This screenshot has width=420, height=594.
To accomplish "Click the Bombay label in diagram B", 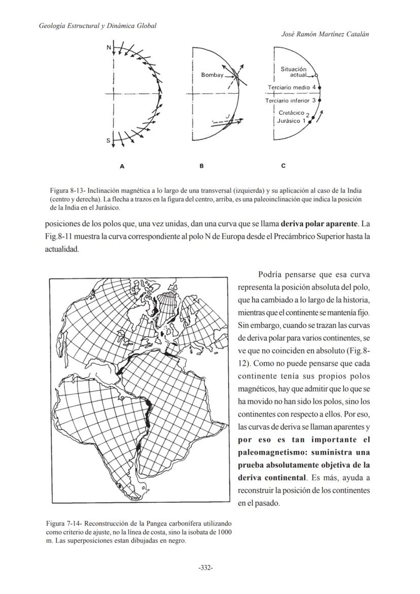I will pyautogui.click(x=212, y=75).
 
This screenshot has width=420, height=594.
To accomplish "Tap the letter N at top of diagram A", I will pyautogui.click(x=109, y=48).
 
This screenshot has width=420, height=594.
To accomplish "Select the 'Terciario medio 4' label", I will pyautogui.click(x=291, y=88).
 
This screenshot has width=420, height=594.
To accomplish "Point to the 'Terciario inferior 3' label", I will pyautogui.click(x=291, y=100).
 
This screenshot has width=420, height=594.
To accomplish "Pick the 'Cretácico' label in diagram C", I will pyautogui.click(x=292, y=113).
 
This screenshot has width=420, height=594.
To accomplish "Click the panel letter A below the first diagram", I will pyautogui.click(x=122, y=166).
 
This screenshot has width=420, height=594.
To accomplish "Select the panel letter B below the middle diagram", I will pyautogui.click(x=202, y=166).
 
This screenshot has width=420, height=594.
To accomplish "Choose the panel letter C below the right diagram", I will pyautogui.click(x=283, y=166).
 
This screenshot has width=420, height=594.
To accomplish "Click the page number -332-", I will pyautogui.click(x=205, y=568).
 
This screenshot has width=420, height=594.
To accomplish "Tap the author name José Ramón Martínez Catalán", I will pyautogui.click(x=325, y=34).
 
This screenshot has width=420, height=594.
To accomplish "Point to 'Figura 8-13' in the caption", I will pyautogui.click(x=66, y=191).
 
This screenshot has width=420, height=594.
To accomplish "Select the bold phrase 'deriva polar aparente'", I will pyautogui.click(x=318, y=224).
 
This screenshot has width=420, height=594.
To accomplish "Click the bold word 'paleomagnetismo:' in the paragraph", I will pyautogui.click(x=269, y=452).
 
